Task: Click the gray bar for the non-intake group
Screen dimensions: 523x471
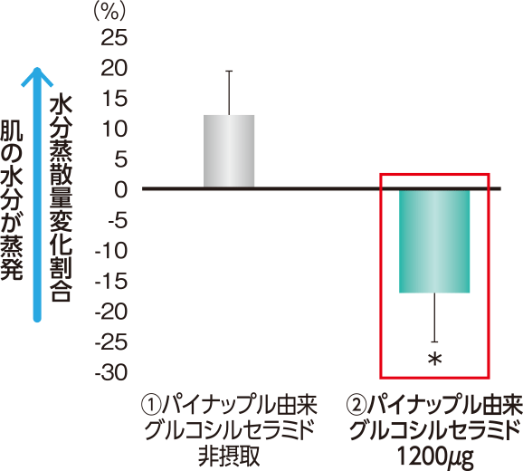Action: pyautogui.click(x=229, y=151)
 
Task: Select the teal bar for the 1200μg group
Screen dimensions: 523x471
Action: pyautogui.click(x=434, y=241)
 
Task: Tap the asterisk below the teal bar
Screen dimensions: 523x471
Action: pyautogui.click(x=434, y=360)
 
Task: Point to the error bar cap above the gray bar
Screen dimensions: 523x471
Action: pyautogui.click(x=229, y=71)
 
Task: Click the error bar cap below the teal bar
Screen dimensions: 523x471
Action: pyautogui.click(x=434, y=341)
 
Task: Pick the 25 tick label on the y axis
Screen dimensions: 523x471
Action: pyautogui.click(x=114, y=38)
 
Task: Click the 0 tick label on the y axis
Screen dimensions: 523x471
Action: pyautogui.click(x=121, y=189)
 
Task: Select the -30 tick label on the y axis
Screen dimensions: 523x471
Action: pyautogui.click(x=111, y=372)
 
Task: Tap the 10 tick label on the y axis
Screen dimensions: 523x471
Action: pyautogui.click(x=115, y=129)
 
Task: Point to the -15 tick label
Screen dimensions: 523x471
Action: pyautogui.click(x=111, y=281)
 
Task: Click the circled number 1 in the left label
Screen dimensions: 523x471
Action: pyautogui.click(x=151, y=405)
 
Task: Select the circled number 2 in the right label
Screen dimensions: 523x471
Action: pyautogui.click(x=357, y=405)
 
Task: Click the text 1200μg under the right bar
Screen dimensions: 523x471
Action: pyautogui.click(x=435, y=457)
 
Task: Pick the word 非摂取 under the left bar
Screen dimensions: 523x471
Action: pyautogui.click(x=229, y=456)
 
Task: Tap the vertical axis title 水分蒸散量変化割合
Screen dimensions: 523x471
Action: pyautogui.click(x=61, y=199)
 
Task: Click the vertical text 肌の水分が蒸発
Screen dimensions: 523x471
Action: pyautogui.click(x=12, y=199)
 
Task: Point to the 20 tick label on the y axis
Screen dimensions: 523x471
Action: pyautogui.click(x=114, y=68)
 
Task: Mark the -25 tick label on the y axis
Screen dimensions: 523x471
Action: pyautogui.click(x=111, y=341)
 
